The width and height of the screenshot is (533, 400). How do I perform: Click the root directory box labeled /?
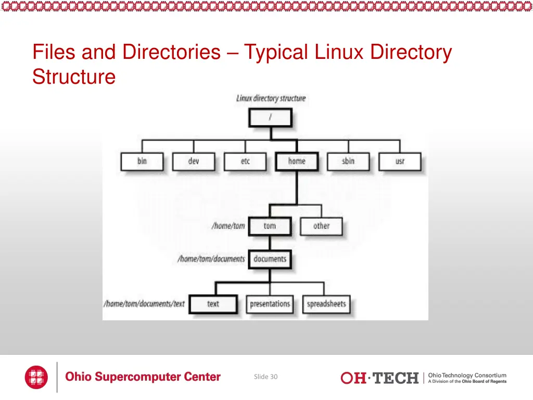(270, 118)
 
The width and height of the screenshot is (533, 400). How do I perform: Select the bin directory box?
(142, 161)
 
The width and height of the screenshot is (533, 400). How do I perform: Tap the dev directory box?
(194, 161)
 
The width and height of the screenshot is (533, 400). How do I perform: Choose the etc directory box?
(245, 161)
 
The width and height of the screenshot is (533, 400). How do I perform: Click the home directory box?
(297, 161)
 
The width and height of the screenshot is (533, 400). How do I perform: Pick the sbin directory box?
(348, 161)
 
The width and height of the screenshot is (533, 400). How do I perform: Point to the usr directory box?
(400, 161)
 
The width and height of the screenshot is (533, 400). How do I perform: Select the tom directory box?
(270, 226)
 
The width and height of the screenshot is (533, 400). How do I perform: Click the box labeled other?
(321, 226)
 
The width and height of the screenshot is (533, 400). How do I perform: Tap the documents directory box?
(270, 259)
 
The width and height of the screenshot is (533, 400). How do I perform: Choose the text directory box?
(213, 304)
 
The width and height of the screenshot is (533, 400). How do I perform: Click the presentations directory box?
(270, 304)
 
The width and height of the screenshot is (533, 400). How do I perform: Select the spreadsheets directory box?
(326, 304)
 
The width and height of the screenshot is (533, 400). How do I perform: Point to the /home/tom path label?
(228, 226)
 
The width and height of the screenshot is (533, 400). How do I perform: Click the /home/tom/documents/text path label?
(145, 304)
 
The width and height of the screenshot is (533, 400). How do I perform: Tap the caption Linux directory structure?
(271, 98)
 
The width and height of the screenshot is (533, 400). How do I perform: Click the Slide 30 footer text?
(265, 377)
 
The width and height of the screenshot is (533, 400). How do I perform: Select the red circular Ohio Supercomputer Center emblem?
(36, 377)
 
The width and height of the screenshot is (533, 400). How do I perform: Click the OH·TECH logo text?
(379, 378)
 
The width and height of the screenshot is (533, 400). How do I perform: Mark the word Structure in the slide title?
(74, 77)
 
